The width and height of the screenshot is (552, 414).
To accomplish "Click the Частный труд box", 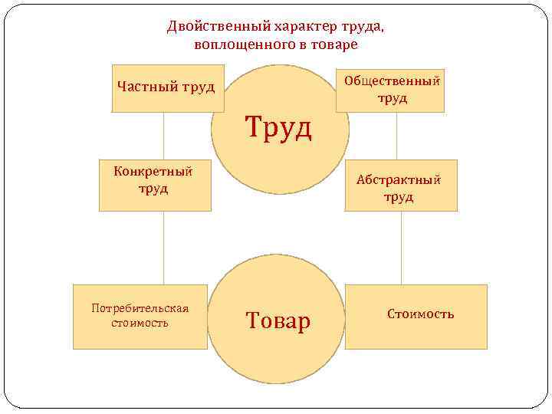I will [157, 89].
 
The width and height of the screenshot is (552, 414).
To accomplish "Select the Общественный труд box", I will [390, 89].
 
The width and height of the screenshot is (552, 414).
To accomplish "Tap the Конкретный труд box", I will [155, 185].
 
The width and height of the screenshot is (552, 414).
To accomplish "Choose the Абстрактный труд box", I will [400, 185].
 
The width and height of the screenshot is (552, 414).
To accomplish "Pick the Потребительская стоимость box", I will [140, 317].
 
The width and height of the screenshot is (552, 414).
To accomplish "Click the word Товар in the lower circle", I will [278, 320].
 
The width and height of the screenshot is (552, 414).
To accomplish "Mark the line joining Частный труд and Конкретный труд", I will [163, 136].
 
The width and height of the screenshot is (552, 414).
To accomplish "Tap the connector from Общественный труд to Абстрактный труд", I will [396, 136].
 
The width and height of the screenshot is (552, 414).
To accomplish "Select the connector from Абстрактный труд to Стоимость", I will [401, 248].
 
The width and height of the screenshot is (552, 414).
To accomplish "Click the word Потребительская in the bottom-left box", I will [140, 308].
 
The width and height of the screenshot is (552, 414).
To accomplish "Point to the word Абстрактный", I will [399, 180].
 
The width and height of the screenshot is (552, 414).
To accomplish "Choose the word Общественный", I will [393, 80].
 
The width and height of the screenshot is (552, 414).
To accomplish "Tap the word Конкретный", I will [152, 171].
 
